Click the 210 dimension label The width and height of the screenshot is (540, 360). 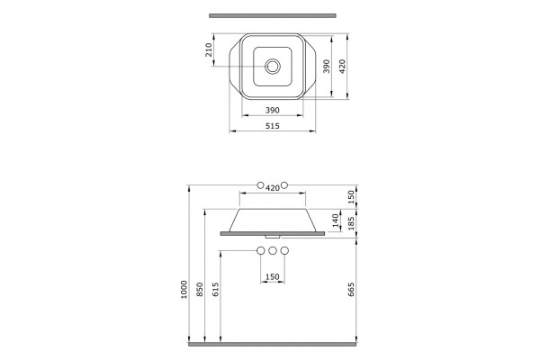pyautogui.click(x=208, y=50)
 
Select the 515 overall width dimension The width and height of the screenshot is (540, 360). pyautogui.click(x=273, y=126)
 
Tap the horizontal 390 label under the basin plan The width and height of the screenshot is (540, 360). pyautogui.click(x=273, y=110)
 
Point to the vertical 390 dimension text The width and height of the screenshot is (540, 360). pyautogui.click(x=327, y=66)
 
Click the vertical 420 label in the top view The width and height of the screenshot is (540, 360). pyautogui.click(x=342, y=66)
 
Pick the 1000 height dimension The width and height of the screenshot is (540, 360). pyautogui.click(x=184, y=290)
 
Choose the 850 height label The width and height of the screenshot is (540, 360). pyautogui.click(x=200, y=290)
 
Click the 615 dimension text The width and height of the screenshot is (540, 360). pyautogui.click(x=215, y=290)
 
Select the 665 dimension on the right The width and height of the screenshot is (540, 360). pyautogui.click(x=351, y=290)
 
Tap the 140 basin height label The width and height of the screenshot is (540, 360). pyautogui.click(x=336, y=220)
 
